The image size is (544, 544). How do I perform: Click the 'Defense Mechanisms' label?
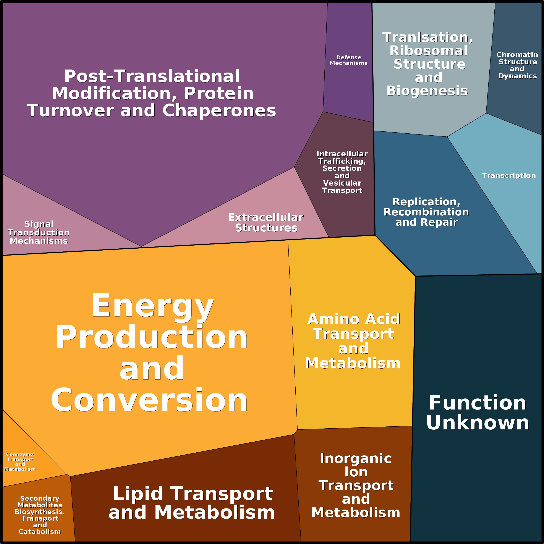[x=349, y=60]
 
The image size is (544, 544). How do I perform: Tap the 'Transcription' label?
[x=509, y=176]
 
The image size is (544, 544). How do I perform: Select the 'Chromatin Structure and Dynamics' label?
[x=517, y=65]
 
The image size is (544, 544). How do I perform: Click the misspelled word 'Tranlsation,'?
[x=427, y=37]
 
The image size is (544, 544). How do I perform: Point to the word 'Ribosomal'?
[x=429, y=51]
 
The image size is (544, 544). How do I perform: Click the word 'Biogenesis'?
[x=427, y=91]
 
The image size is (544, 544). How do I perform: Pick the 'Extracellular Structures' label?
[x=266, y=222]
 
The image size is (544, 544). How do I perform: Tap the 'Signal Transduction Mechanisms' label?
[x=39, y=232]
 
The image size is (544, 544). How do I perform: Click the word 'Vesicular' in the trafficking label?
[x=342, y=183]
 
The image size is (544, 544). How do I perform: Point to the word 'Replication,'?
[x=426, y=202]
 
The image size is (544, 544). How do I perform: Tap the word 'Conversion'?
[x=149, y=400]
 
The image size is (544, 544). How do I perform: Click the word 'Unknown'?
[x=478, y=423]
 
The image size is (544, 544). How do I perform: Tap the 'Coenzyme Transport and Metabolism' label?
[x=20, y=461]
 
